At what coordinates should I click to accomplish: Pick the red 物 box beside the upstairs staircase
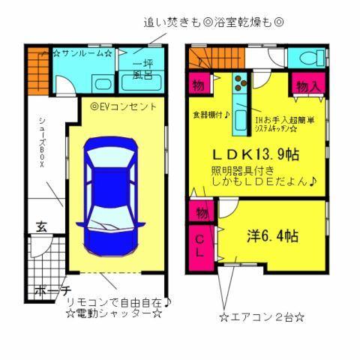coord(199,82)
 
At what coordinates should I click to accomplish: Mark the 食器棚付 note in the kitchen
coord(209,114)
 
